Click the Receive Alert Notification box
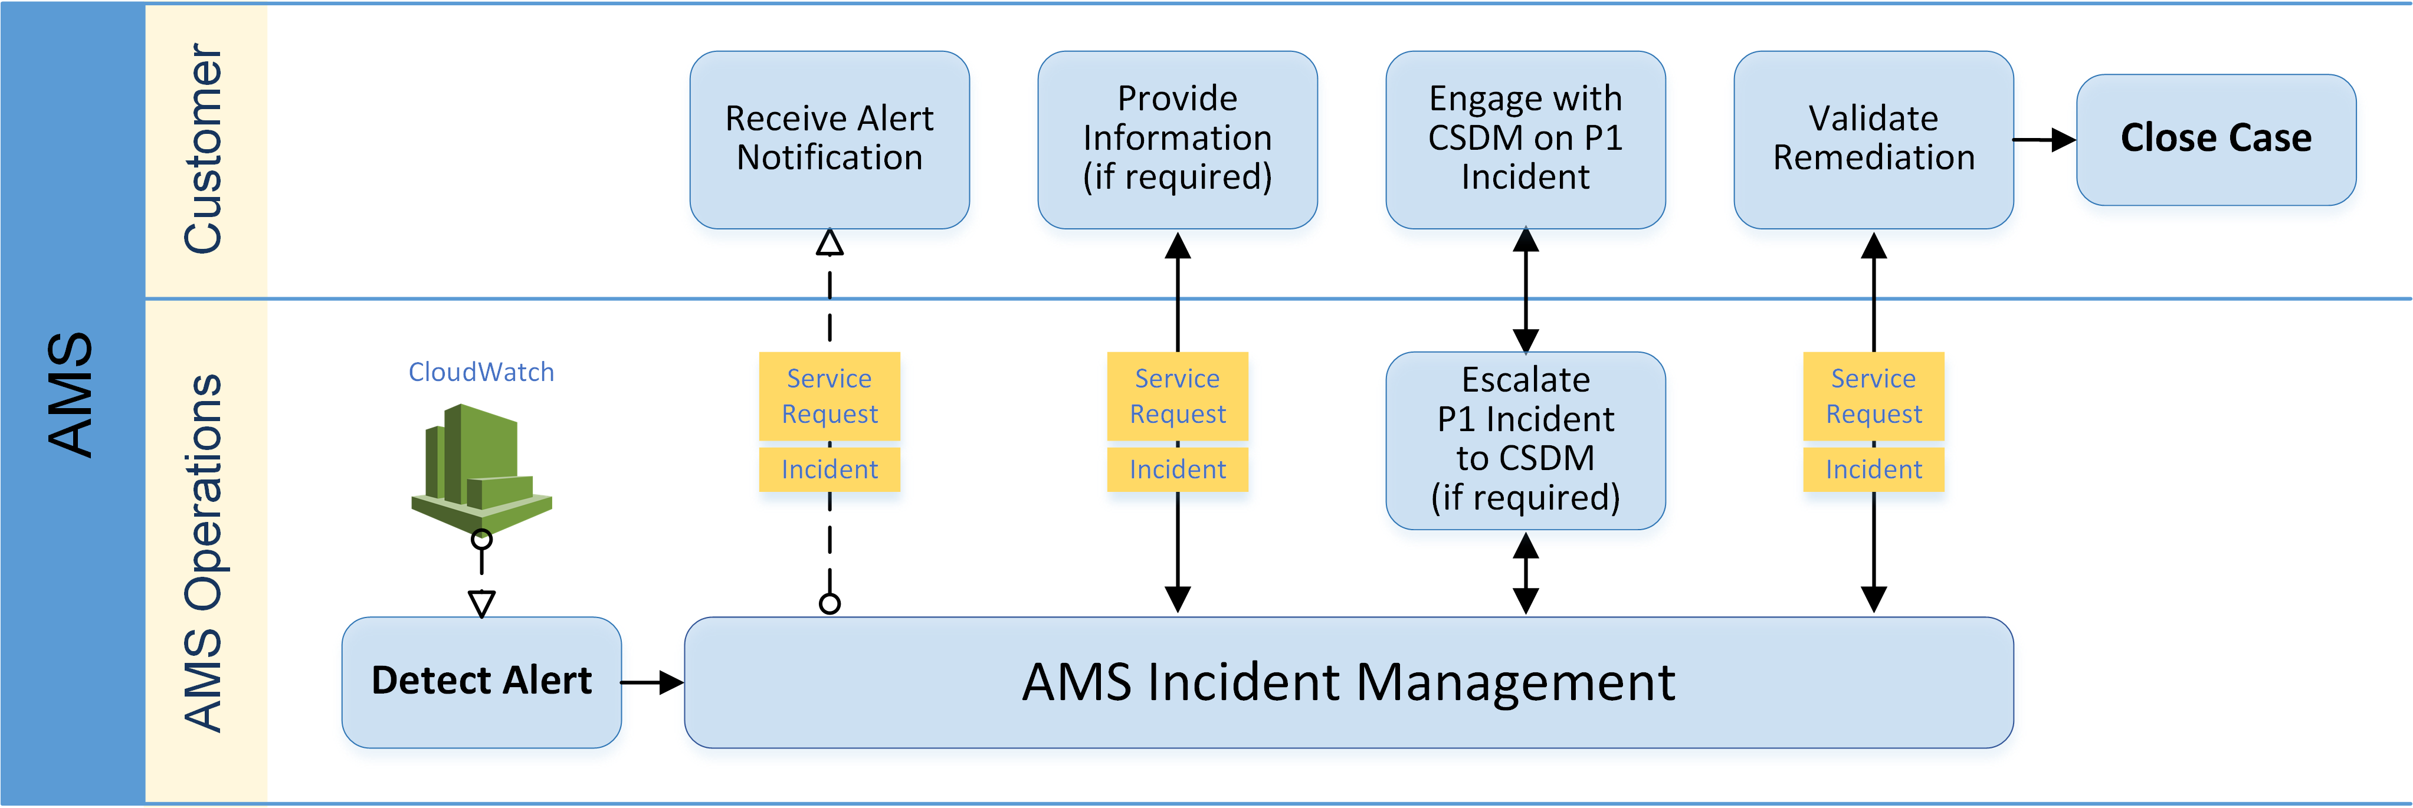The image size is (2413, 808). [x=829, y=139]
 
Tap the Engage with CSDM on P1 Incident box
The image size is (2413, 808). [x=1525, y=139]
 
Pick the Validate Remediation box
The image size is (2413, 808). [x=1873, y=139]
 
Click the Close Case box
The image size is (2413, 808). [x=2215, y=139]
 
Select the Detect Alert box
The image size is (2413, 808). [x=481, y=681]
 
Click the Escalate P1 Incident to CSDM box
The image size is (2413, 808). [x=1525, y=439]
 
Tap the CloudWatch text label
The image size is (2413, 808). [x=481, y=372]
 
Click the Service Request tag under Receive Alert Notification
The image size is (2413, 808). [x=829, y=395]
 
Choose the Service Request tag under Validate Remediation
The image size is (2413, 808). [x=1873, y=395]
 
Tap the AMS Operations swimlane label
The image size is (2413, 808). [x=204, y=553]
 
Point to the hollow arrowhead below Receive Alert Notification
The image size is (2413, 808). [x=829, y=244]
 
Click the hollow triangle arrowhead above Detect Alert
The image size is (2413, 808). [x=481, y=603]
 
